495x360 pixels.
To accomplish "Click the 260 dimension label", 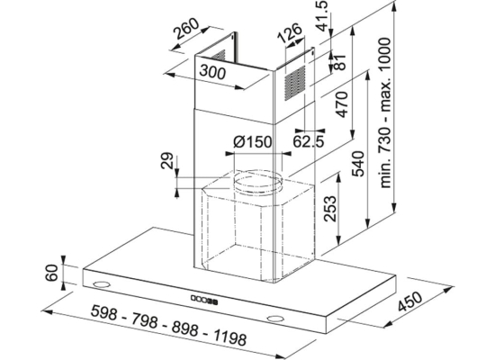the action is coord(187,29).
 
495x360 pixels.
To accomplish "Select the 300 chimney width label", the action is coord(212,72).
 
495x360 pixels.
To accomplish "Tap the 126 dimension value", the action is coord(290,33).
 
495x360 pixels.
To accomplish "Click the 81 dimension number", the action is coord(339,62).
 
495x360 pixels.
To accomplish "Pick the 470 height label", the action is coord(342,104).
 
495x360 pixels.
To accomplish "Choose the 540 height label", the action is coord(358,164).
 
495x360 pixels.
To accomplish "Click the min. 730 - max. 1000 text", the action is coord(385,112).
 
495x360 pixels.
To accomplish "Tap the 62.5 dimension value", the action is coord(309,141).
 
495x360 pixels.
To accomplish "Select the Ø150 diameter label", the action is coord(253,142).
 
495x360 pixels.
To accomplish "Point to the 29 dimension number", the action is coord(167,161).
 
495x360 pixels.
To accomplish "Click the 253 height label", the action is coord(330,209).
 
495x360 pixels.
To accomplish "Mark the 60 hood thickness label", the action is coord(52,273).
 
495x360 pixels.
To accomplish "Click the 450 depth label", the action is coord(409,301).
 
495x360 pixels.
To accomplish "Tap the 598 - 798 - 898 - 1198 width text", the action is coord(168,325).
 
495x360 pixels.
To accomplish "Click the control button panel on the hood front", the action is coord(204,300).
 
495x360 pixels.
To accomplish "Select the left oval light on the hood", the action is coord(102,283).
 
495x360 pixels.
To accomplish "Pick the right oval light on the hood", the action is coord(275,319).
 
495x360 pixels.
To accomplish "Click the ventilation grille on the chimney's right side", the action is coord(295,83).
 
